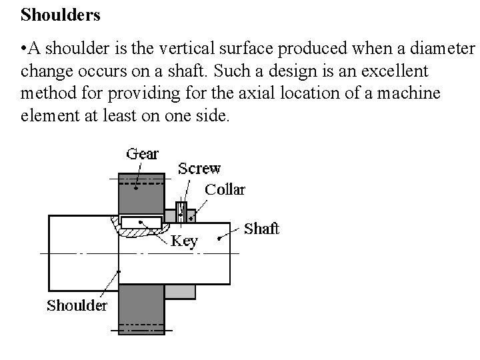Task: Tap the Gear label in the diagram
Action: point(143,154)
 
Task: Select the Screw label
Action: point(199,169)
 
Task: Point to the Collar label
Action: point(225,189)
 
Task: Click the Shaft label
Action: point(261,229)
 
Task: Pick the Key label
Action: point(184,241)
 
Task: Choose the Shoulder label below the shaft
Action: point(77,306)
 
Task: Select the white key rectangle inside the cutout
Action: point(141,221)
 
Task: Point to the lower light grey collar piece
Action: point(179,291)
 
